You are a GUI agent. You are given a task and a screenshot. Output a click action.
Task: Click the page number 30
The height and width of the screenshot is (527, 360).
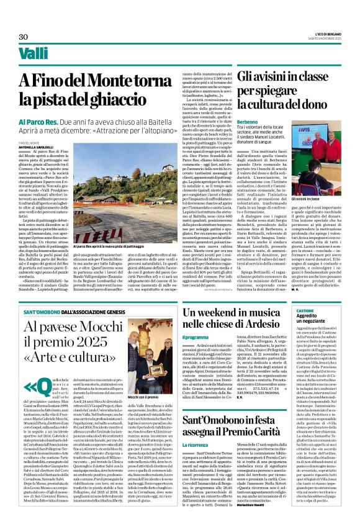(x=24, y=37)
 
